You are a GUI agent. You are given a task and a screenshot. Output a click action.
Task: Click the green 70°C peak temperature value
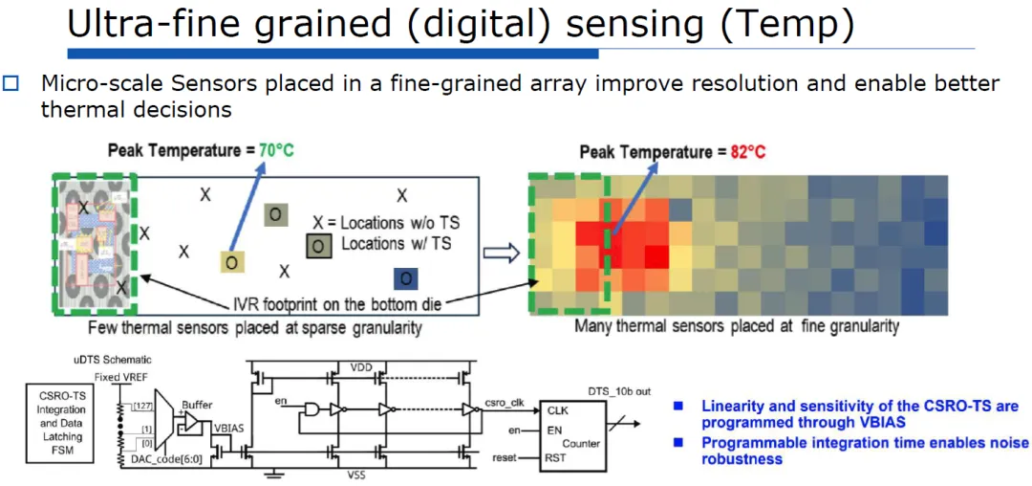point(276,150)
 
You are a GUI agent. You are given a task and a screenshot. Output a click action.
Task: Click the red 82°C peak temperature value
point(749,153)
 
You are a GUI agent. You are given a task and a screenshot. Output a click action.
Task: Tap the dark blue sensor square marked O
point(405,279)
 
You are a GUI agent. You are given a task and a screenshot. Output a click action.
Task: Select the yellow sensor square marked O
point(231,262)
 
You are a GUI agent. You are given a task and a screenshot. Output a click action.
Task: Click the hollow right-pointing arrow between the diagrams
point(501,253)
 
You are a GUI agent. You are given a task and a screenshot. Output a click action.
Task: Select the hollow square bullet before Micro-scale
point(12,83)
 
